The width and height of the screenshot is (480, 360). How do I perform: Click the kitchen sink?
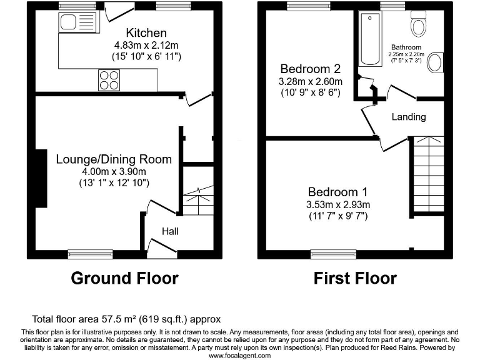pyautogui.click(x=79, y=22)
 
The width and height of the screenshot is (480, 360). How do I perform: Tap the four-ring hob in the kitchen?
pyautogui.click(x=109, y=80)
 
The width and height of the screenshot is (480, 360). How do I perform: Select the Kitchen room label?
pyautogui.click(x=146, y=32)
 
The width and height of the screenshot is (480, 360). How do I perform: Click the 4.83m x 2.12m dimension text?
pyautogui.click(x=146, y=45)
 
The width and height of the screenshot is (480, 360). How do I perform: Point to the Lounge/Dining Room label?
pyautogui.click(x=114, y=159)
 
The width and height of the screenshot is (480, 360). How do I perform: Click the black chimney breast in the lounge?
pyautogui.click(x=41, y=179)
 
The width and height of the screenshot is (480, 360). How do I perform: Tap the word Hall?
pyautogui.click(x=170, y=231)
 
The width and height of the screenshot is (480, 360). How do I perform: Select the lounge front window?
pyautogui.click(x=90, y=254)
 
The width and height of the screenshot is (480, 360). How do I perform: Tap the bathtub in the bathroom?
pyautogui.click(x=370, y=39)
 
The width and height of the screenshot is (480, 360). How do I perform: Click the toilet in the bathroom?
pyautogui.click(x=419, y=24)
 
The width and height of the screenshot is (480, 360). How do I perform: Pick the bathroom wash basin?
pyautogui.click(x=435, y=62)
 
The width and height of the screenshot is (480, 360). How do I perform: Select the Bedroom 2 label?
pyautogui.click(x=311, y=69)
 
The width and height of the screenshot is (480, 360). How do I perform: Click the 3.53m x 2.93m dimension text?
pyautogui.click(x=338, y=204)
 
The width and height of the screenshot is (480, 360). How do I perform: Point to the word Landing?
pyautogui.click(x=409, y=117)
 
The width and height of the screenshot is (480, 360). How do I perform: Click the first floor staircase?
pyautogui.click(x=428, y=174)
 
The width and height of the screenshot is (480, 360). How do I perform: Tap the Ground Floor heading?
pyautogui.click(x=124, y=278)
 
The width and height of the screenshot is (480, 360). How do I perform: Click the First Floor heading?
pyautogui.click(x=355, y=278)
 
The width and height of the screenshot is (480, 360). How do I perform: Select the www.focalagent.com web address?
pyautogui.click(x=240, y=356)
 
